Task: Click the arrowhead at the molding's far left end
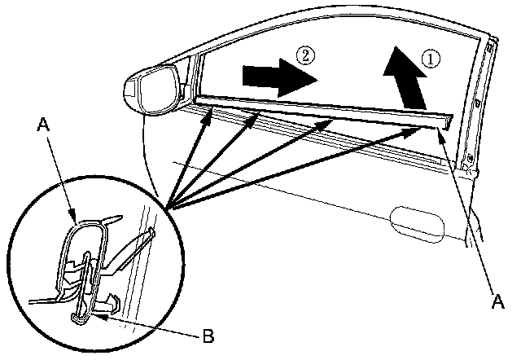coord(209,111)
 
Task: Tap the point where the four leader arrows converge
coord(169,208)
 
